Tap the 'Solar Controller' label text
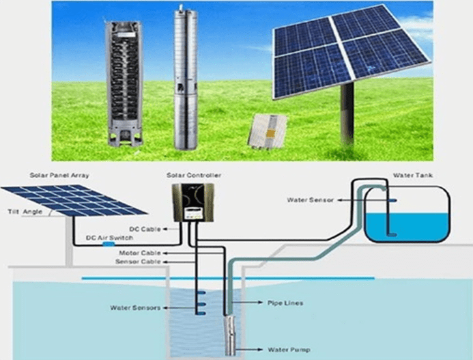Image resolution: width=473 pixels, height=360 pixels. tap(195, 176)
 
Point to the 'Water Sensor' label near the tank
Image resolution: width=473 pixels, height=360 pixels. tap(310, 200)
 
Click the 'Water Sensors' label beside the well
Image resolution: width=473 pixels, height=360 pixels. tap(135, 308)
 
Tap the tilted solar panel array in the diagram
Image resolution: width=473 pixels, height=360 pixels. tap(75, 199)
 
